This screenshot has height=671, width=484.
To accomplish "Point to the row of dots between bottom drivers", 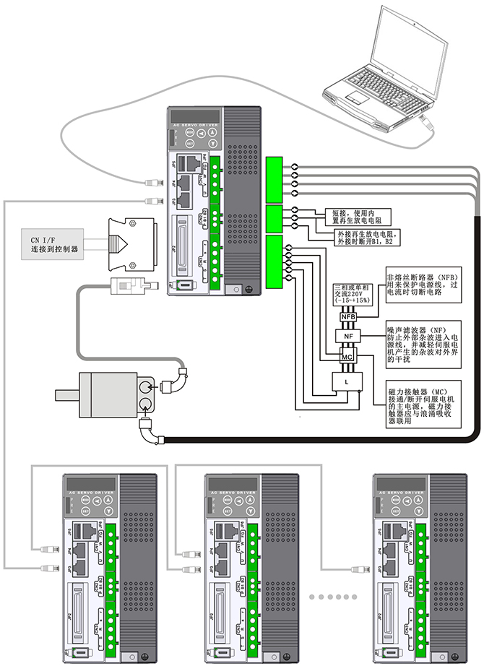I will [333, 597].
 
